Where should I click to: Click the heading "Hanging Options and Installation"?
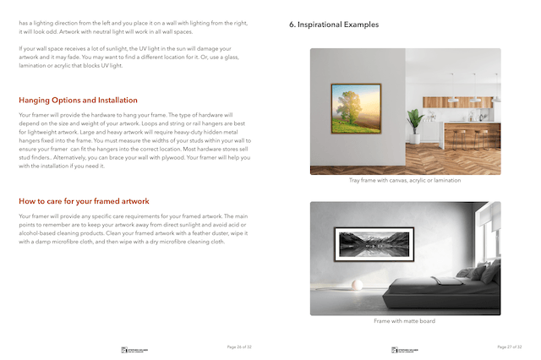pyautogui.click(x=78, y=100)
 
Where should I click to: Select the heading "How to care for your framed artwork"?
pyautogui.click(x=84, y=201)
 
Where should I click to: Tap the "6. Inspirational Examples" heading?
pyautogui.click(x=334, y=25)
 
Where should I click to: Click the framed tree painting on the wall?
pyautogui.click(x=355, y=108)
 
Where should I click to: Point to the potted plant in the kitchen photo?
pyautogui.click(x=414, y=123)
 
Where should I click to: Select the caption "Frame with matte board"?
pyautogui.click(x=405, y=321)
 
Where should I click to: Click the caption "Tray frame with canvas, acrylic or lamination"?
pyautogui.click(x=405, y=180)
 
